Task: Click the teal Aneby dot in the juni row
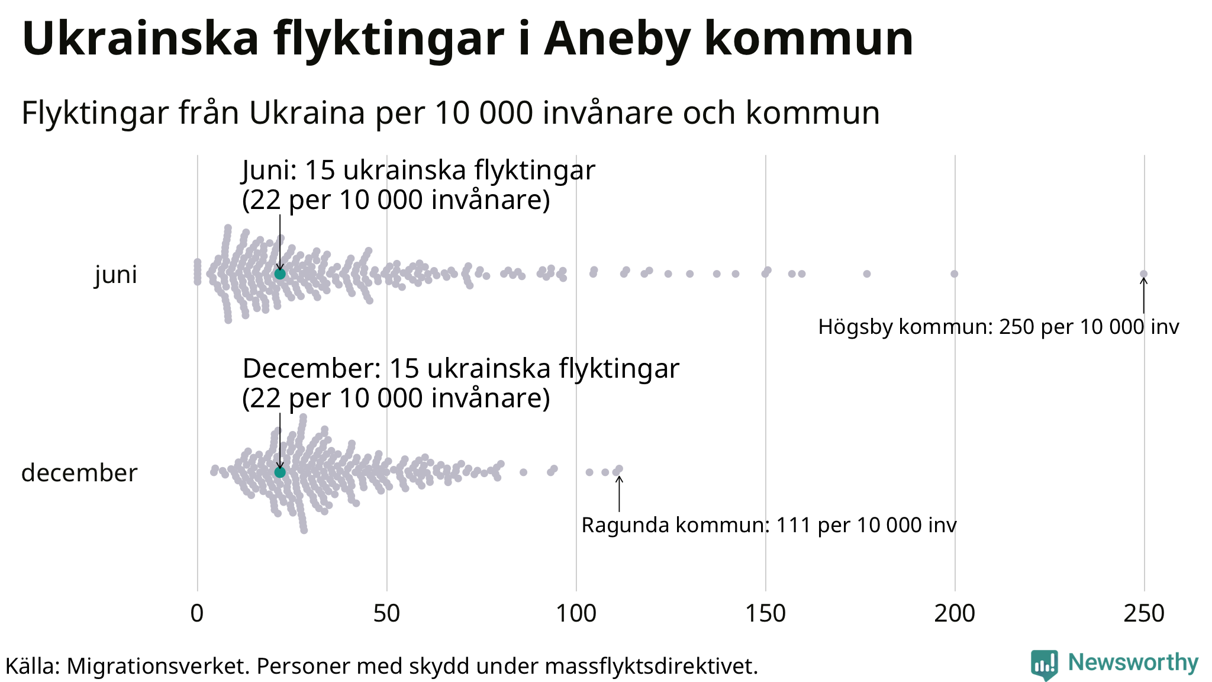coord(280,274)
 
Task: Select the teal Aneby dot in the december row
coord(280,472)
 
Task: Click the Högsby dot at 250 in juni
coord(1144,274)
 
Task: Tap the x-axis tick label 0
coord(197,614)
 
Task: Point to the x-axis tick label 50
coord(386,614)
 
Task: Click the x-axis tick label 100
coord(576,614)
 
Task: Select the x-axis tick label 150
coord(765,614)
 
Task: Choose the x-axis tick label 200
coord(955,614)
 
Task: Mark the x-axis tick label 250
coord(1144,614)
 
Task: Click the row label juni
coord(116,275)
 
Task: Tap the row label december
coord(79,473)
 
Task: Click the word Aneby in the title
coord(617,39)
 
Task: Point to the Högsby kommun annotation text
coord(998,327)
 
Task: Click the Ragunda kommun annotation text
coord(769,525)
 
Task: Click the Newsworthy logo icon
coord(1044,665)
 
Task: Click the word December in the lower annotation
coord(311,369)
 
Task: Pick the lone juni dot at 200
coord(954,274)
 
